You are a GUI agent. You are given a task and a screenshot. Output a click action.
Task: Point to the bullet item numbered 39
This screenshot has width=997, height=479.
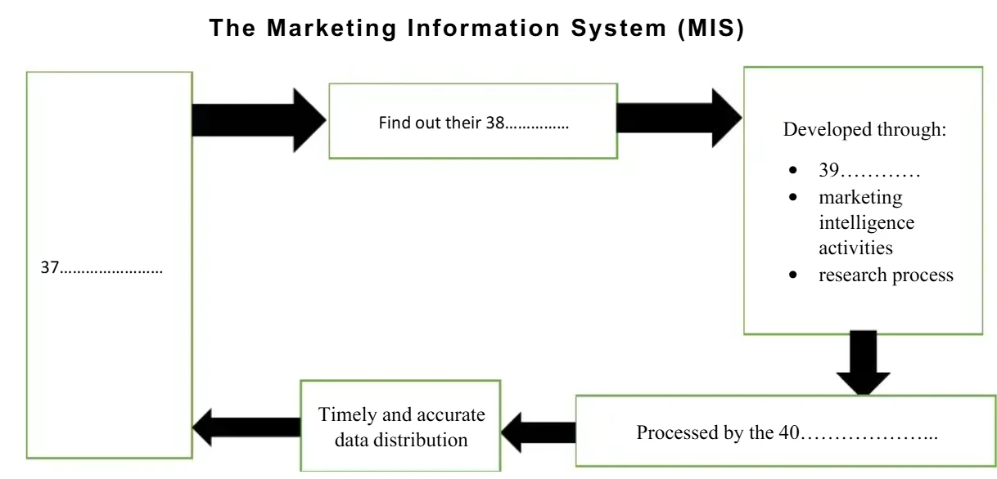pyautogui.click(x=869, y=172)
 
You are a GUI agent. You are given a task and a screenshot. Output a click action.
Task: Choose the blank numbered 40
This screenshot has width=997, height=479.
pyautogui.click(x=867, y=432)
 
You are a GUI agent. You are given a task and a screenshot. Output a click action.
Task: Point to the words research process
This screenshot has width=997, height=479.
pyautogui.click(x=886, y=275)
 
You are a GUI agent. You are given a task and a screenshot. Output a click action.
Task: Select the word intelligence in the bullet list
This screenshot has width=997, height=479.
pyautogui.click(x=866, y=222)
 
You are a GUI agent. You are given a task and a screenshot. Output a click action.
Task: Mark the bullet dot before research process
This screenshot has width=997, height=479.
pyautogui.click(x=792, y=275)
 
